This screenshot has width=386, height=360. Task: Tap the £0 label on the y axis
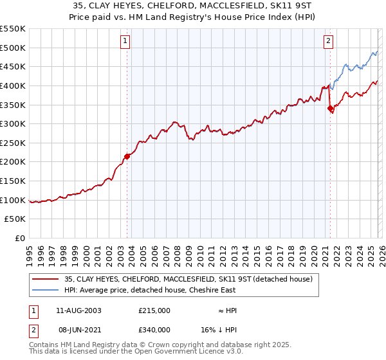19,238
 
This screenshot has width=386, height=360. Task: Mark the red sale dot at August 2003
127,156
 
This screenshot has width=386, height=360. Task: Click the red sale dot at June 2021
331,109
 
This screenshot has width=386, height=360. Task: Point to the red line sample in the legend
46,278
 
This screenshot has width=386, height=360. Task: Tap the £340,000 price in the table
154,330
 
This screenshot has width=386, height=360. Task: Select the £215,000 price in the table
154,310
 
